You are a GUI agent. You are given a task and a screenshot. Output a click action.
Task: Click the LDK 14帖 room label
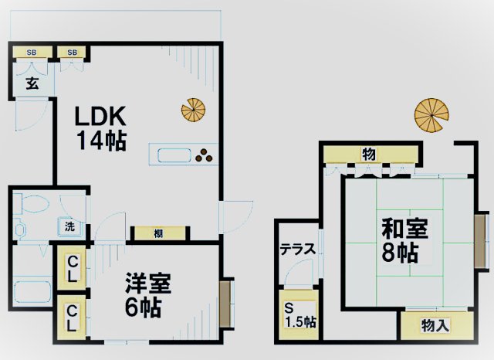(x=100, y=127)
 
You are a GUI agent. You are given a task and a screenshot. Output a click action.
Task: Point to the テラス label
(x=297, y=249)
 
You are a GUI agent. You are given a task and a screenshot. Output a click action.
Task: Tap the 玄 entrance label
(x=33, y=83)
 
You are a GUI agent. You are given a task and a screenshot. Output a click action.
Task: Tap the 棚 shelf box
(x=157, y=232)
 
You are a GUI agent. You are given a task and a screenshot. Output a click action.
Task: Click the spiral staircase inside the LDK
(x=193, y=109)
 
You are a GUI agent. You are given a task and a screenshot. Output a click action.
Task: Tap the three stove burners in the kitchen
(x=205, y=155)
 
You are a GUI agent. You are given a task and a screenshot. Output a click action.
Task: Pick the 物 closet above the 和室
(x=368, y=154)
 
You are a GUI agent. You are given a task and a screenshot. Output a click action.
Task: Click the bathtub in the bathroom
(x=32, y=294)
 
